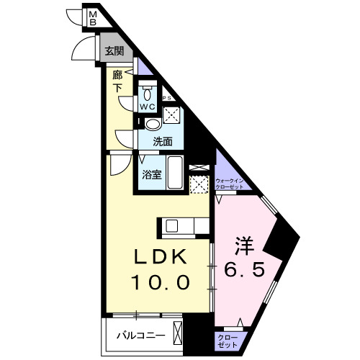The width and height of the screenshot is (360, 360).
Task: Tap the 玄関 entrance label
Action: [x=113, y=51]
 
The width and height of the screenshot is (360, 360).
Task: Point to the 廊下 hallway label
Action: [x=117, y=80]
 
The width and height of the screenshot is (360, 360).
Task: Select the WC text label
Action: [x=148, y=107]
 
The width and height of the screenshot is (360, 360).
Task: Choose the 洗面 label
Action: [x=161, y=143]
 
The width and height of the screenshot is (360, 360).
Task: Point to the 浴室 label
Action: [x=150, y=174]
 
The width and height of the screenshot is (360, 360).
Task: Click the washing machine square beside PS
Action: [x=174, y=114]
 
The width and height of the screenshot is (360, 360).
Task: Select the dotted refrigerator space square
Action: [x=198, y=184]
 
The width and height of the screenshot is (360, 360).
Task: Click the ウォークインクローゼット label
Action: [x=230, y=182]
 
